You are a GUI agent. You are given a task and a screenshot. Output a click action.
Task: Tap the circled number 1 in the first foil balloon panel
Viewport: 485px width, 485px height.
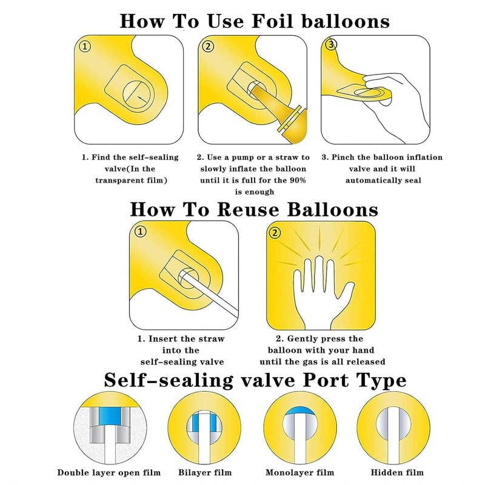pos(85,47)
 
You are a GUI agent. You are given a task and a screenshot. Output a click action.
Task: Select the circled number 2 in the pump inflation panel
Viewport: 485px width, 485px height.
pos(208,47)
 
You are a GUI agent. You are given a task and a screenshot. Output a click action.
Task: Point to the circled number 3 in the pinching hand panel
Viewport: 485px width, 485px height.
pos(331,44)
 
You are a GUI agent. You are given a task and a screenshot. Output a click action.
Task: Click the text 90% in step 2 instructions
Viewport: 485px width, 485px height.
pos(298,180)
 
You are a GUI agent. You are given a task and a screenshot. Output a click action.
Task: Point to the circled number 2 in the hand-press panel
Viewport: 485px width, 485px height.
pos(275,233)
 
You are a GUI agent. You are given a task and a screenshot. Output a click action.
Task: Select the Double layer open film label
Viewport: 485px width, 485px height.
pos(109,472)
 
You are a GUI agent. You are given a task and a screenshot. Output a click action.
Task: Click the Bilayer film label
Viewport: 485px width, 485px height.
pos(205,472)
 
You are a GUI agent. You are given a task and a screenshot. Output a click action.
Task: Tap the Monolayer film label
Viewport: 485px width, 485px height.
pos(299,472)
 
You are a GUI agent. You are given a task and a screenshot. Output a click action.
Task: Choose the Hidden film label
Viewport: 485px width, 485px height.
pos(397,472)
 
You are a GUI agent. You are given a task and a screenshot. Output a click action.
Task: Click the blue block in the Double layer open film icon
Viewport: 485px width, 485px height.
pos(110,416)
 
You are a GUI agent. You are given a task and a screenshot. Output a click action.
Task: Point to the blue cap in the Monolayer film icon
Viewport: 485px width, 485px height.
pos(299,411)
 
